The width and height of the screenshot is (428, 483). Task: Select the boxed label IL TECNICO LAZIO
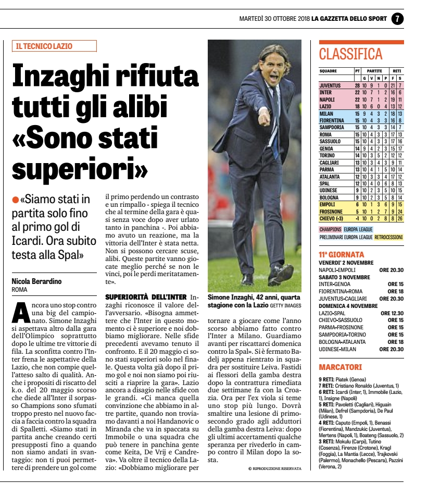coord(55,46)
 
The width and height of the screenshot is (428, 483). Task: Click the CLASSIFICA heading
coord(350,54)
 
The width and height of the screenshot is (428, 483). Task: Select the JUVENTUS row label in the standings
coord(330,85)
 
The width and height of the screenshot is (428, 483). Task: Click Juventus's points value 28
coord(358,85)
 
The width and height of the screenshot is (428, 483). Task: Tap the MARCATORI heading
coord(341,367)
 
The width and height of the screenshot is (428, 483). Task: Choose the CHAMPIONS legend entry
coord(330,229)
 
